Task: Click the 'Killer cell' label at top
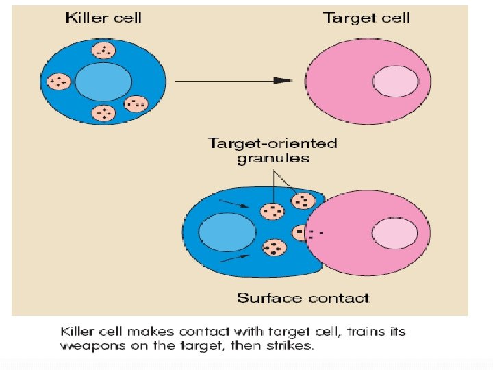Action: pos(103,17)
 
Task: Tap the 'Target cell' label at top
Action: pos(366,17)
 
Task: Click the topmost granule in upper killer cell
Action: pos(104,50)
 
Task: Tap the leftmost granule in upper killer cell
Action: pos(58,82)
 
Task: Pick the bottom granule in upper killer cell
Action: pos(103,113)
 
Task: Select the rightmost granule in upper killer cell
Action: pos(136,104)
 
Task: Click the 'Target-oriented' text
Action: pos(273,143)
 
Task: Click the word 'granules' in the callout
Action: pos(273,158)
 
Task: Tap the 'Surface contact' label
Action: pos(303,298)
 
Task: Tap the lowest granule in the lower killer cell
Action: pos(275,247)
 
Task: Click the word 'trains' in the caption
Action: pos(367,332)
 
